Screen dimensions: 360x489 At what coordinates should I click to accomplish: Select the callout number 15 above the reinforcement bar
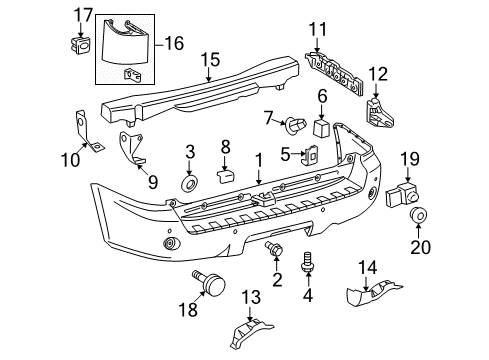(x=209, y=62)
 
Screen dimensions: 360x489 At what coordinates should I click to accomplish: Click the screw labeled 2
(x=274, y=249)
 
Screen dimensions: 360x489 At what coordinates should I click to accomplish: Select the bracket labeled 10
(x=90, y=131)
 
